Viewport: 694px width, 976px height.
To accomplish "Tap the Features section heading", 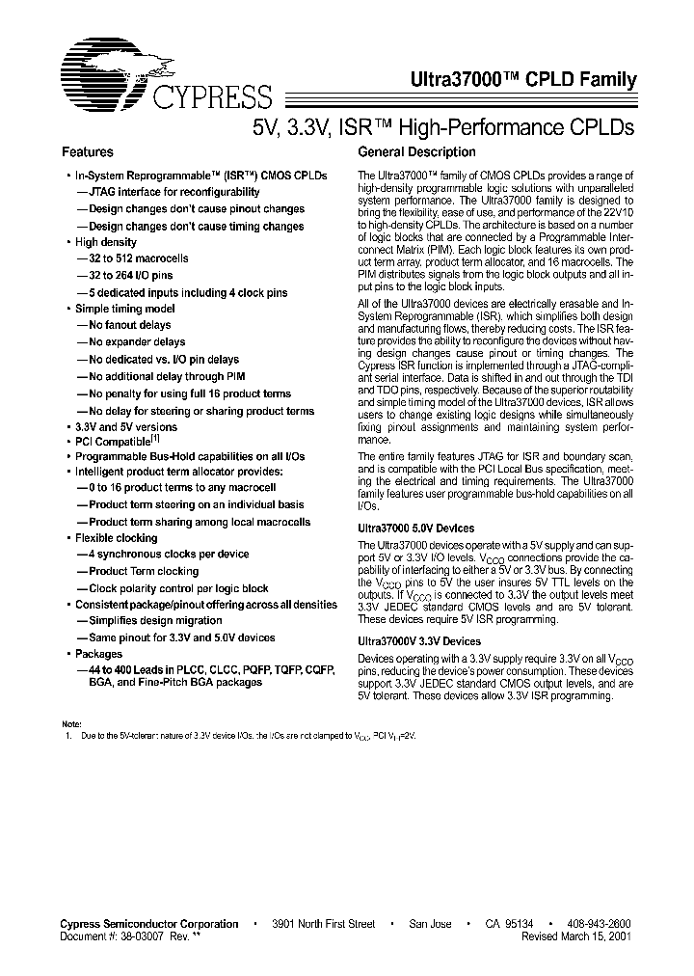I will pos(88,152).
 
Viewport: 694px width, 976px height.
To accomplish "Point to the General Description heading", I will pos(416,152).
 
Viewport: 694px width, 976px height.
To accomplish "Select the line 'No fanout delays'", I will pos(130,325).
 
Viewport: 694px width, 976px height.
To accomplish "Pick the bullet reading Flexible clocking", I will pos(116,538).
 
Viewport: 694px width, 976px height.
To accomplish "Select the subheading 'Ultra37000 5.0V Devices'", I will pos(415,529).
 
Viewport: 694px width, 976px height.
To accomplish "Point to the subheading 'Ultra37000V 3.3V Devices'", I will pos(419,640).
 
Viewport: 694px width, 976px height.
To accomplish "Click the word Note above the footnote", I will pos(72,723).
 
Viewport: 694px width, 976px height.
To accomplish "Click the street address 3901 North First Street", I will pos(323,924).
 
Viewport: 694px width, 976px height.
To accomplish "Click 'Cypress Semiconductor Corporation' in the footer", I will pos(149,924).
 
